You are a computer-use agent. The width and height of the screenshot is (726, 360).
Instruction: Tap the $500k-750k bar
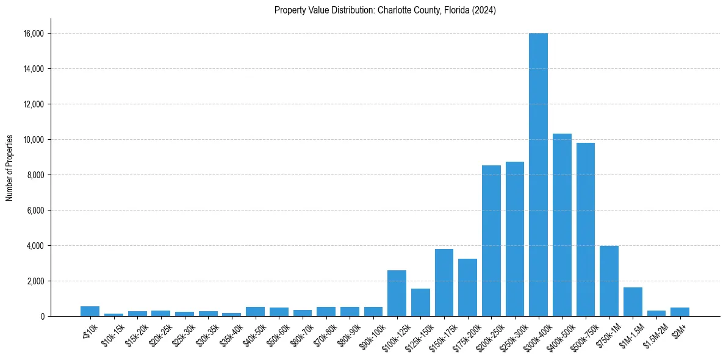coord(586,229)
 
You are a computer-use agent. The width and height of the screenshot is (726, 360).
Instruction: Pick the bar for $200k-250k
coord(491,240)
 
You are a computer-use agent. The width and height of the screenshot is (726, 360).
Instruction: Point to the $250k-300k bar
coord(515,239)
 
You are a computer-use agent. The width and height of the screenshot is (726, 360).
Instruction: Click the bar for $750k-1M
coord(609,281)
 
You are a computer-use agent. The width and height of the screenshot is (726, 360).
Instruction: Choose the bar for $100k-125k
coord(397,293)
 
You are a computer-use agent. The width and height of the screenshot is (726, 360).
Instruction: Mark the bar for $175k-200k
coord(467,287)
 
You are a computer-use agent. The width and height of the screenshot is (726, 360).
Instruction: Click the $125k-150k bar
coord(420,302)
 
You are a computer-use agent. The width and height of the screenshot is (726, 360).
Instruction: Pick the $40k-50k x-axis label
coord(252,332)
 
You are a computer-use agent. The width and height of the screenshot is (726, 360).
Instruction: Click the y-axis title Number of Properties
coord(9,167)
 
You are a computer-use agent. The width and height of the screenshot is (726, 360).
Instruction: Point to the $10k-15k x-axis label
coord(110,332)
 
